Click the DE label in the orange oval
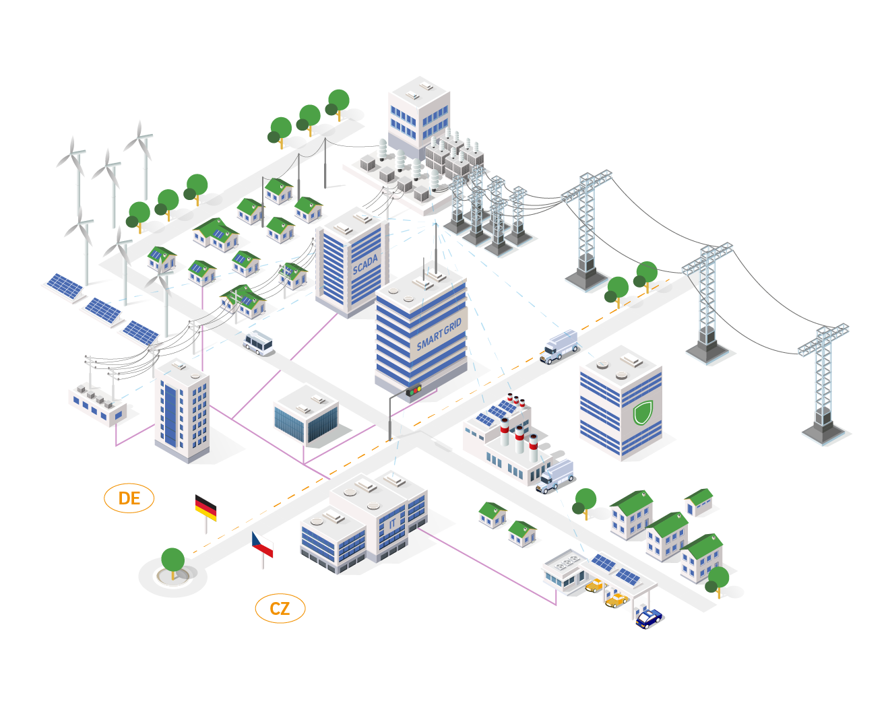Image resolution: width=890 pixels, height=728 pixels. (x=129, y=498)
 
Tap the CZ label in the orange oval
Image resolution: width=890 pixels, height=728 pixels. (x=280, y=609)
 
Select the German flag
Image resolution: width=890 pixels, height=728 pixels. (x=206, y=507)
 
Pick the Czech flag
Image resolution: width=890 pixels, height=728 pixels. (x=262, y=544)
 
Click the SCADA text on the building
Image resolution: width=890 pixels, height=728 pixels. (x=365, y=265)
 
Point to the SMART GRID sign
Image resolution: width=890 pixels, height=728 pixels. (x=439, y=335)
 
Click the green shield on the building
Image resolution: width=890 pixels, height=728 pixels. (x=643, y=412)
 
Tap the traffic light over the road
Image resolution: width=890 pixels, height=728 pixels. (x=414, y=390)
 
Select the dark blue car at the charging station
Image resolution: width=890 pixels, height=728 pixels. (x=649, y=618)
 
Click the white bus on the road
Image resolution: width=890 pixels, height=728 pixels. (x=259, y=343)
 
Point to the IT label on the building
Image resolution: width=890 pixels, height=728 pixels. (x=393, y=523)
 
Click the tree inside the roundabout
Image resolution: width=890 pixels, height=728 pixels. (x=173, y=561)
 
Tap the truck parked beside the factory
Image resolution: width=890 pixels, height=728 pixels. (x=555, y=475)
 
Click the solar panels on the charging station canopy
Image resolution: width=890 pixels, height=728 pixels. (x=616, y=569)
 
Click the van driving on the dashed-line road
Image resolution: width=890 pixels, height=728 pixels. (x=560, y=346)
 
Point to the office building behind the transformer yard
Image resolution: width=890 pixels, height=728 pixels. (x=418, y=111)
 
